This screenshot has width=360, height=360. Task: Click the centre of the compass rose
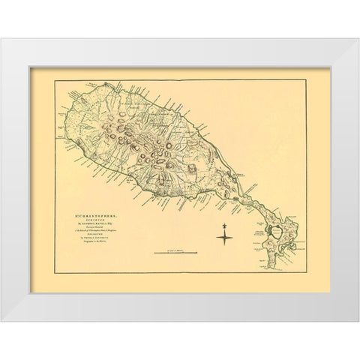(226, 237)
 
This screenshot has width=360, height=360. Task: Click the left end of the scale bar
(154, 253)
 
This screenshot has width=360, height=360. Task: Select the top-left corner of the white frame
(2, 40)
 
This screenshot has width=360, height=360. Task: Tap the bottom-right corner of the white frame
(358, 320)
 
